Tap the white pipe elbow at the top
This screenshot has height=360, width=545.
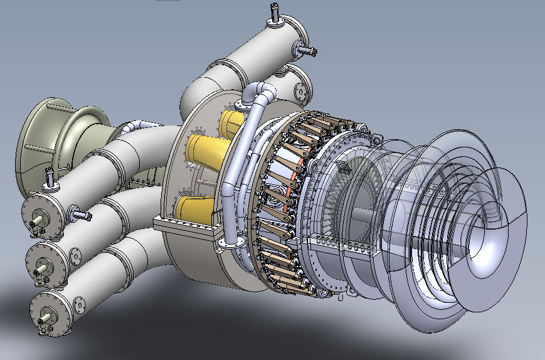point(260,94)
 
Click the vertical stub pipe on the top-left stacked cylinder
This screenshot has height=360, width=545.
point(49,179)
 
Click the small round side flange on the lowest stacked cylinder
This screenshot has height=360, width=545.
point(80,305)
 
